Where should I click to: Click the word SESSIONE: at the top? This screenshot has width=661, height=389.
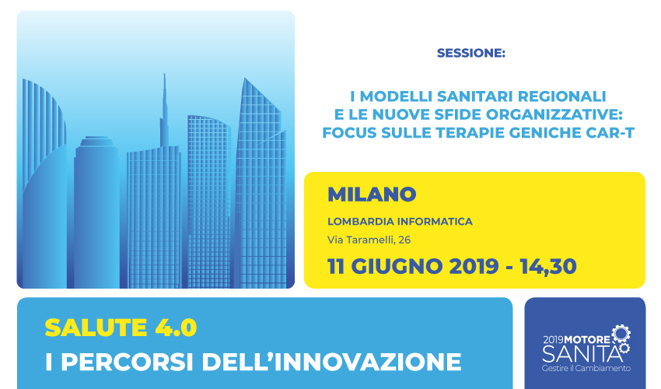[471, 53]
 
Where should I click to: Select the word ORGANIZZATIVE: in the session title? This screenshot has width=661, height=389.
[554, 115]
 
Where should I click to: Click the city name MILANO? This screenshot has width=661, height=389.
[372, 194]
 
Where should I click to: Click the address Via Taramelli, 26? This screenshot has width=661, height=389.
[369, 240]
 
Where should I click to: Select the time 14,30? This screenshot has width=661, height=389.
[548, 267]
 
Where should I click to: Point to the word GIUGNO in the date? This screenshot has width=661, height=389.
[397, 267]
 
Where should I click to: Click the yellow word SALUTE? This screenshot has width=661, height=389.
[96, 328]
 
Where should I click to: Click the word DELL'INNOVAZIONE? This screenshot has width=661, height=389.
[332, 362]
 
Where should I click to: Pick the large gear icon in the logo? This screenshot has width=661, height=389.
[621, 334]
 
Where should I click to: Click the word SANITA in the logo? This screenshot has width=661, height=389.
[582, 353]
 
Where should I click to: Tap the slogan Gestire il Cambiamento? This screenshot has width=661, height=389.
[586, 368]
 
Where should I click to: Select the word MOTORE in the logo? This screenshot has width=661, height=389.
[587, 340]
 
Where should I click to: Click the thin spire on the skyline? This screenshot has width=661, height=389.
[164, 110]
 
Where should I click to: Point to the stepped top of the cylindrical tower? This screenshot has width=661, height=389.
[96, 142]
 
